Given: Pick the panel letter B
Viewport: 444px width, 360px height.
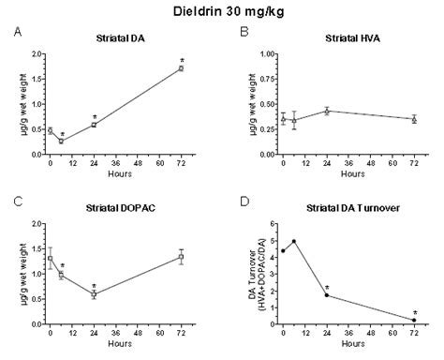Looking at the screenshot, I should pos(244,30).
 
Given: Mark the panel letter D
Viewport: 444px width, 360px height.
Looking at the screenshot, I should pos(244,200).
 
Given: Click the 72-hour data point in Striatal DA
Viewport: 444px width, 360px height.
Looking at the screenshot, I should pos(181,68).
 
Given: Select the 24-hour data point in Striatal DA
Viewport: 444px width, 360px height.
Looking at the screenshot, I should pos(94,124).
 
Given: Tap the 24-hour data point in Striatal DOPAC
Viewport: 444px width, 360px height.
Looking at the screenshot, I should pos(94,293).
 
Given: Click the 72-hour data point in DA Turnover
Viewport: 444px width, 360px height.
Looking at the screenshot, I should pos(414,320).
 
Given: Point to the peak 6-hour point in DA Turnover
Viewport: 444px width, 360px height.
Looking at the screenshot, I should pos(294,241).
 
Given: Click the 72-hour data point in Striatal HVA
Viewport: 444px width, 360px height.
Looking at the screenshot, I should pos(414,119).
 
